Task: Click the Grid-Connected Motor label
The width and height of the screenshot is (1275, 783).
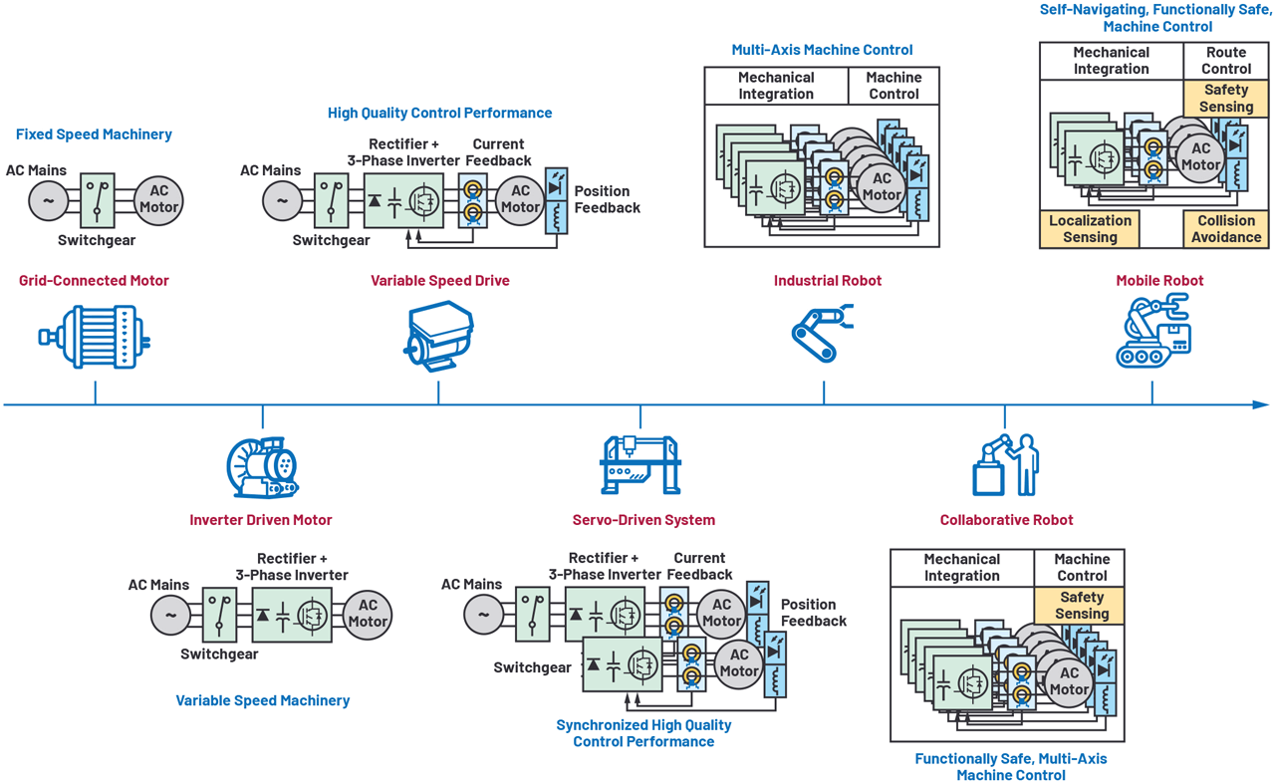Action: point(94,281)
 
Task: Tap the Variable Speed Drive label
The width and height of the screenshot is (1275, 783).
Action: point(439,281)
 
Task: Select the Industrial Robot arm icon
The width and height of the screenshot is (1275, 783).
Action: point(823,335)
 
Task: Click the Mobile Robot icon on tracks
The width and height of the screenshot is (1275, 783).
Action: point(1152,333)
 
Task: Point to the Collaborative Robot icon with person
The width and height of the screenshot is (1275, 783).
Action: point(1005,464)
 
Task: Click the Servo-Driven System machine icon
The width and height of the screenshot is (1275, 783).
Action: point(640,464)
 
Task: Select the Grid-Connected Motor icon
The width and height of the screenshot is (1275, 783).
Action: point(95,338)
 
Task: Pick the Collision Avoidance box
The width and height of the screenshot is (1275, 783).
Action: point(1225,229)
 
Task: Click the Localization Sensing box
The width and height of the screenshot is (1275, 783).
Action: point(1090,229)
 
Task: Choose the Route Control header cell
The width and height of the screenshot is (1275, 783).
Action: point(1225,61)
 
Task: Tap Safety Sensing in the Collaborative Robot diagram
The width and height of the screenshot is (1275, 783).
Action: point(1081,606)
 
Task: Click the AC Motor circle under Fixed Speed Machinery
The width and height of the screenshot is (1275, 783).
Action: point(158,200)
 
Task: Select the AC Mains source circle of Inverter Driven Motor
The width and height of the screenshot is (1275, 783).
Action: point(170,615)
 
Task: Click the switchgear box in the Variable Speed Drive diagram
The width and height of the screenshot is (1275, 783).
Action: point(332,200)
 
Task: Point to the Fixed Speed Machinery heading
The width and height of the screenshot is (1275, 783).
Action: point(94,134)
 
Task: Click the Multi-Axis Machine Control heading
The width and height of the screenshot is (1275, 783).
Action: point(822,50)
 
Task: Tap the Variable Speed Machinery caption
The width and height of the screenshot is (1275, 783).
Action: point(263,700)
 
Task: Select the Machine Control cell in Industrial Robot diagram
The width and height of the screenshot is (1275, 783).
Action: point(893,86)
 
